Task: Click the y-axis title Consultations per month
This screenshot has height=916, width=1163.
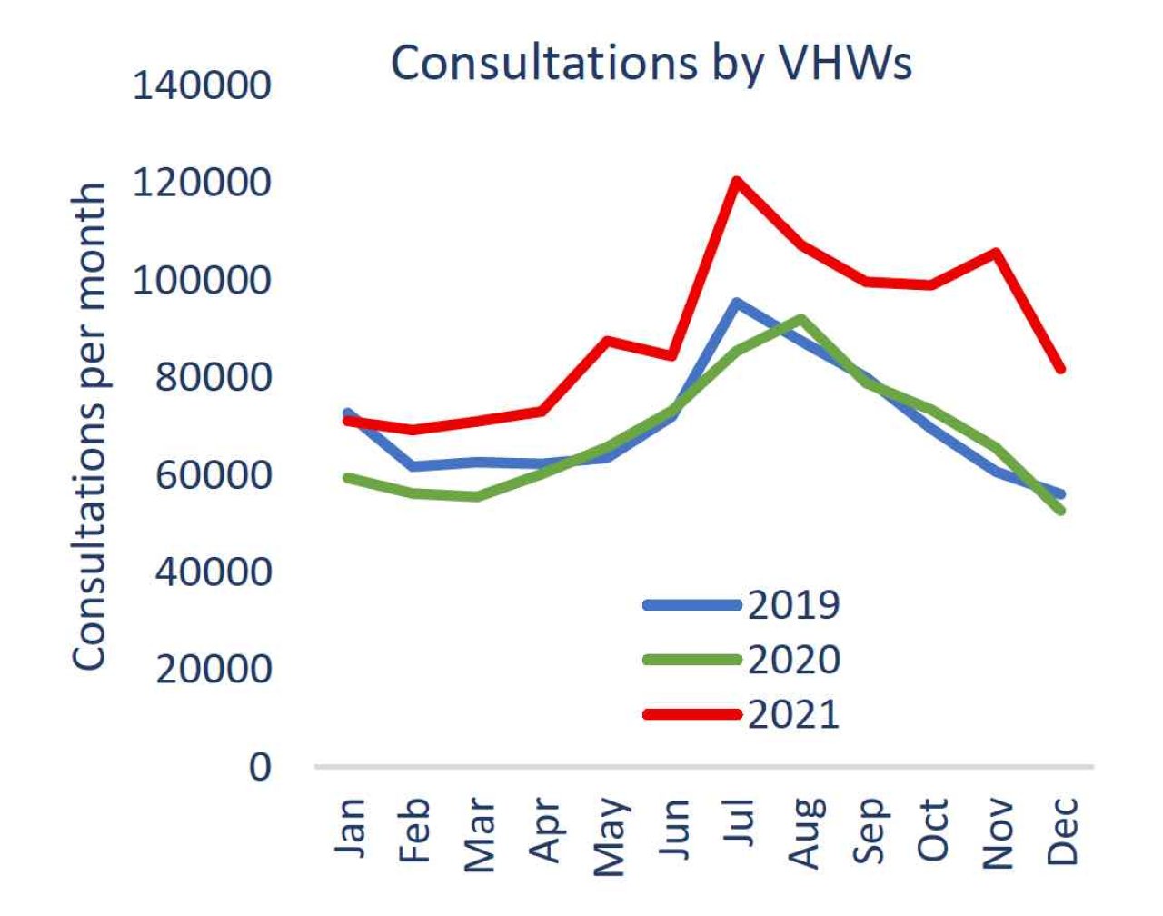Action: (90, 427)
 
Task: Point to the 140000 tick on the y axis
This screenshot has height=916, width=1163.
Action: (202, 86)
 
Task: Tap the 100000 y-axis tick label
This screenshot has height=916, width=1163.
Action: (202, 280)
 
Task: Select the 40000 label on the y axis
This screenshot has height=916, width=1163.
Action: (213, 572)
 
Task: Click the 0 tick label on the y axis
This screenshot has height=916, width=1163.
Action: (260, 767)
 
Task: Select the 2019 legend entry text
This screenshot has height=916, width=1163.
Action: (793, 605)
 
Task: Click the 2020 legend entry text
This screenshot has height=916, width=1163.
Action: (793, 660)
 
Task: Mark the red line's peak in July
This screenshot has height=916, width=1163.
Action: (737, 181)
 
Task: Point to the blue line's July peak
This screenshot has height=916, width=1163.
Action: (737, 303)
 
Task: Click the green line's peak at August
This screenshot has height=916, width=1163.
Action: (800, 318)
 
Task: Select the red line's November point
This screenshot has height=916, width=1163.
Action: (997, 252)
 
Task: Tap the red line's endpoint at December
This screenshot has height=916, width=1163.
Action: (1060, 369)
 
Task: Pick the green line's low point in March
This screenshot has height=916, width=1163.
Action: (477, 496)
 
